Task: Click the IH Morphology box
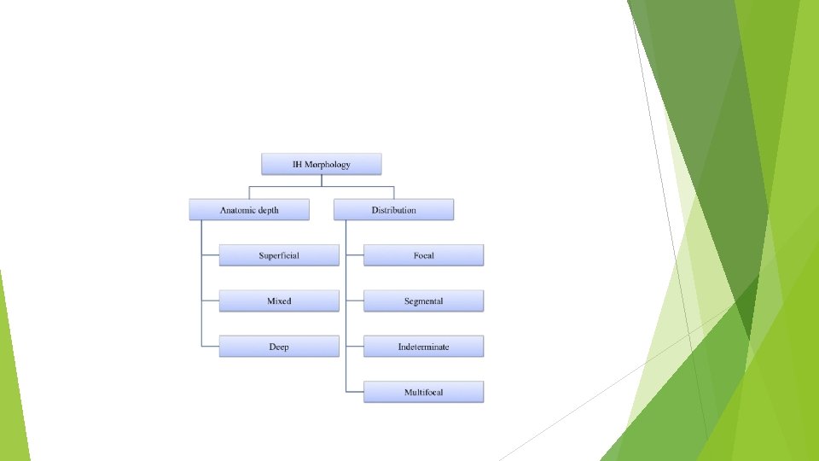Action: (322, 164)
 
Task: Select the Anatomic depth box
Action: (249, 210)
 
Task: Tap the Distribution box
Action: (393, 210)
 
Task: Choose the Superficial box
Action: (279, 255)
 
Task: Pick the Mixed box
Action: (279, 301)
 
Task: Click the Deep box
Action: (279, 347)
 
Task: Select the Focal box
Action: (423, 255)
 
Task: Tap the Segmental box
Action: (423, 301)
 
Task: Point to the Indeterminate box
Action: (423, 347)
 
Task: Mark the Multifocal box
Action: (423, 392)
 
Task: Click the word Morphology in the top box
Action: (328, 165)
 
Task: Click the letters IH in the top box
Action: (298, 164)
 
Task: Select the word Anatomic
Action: (237, 210)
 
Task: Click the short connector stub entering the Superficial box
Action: (210, 255)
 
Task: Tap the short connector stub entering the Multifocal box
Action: (355, 392)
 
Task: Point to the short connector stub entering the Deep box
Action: (210, 347)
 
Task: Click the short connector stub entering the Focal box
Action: (355, 255)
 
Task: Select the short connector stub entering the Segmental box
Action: (355, 301)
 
